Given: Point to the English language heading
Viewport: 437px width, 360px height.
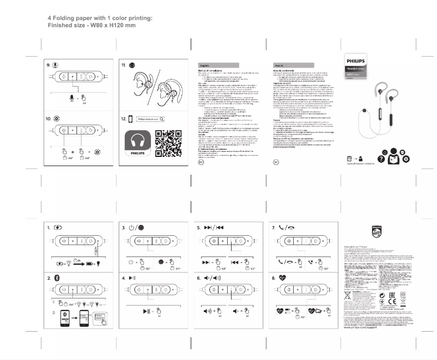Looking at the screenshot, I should (205, 65).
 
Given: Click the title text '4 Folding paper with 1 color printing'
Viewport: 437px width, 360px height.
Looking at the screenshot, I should (100, 18).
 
